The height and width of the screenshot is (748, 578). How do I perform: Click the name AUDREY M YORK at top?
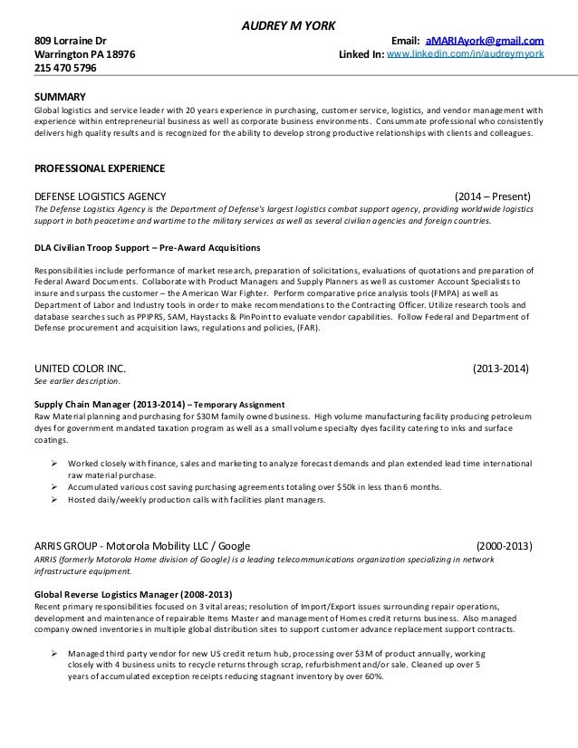(287, 24)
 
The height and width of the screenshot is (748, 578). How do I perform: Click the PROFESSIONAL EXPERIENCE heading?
(99, 168)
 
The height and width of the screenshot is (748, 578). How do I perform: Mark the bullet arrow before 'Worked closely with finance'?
(56, 462)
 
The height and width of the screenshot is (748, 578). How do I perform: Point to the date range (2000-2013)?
(505, 546)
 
